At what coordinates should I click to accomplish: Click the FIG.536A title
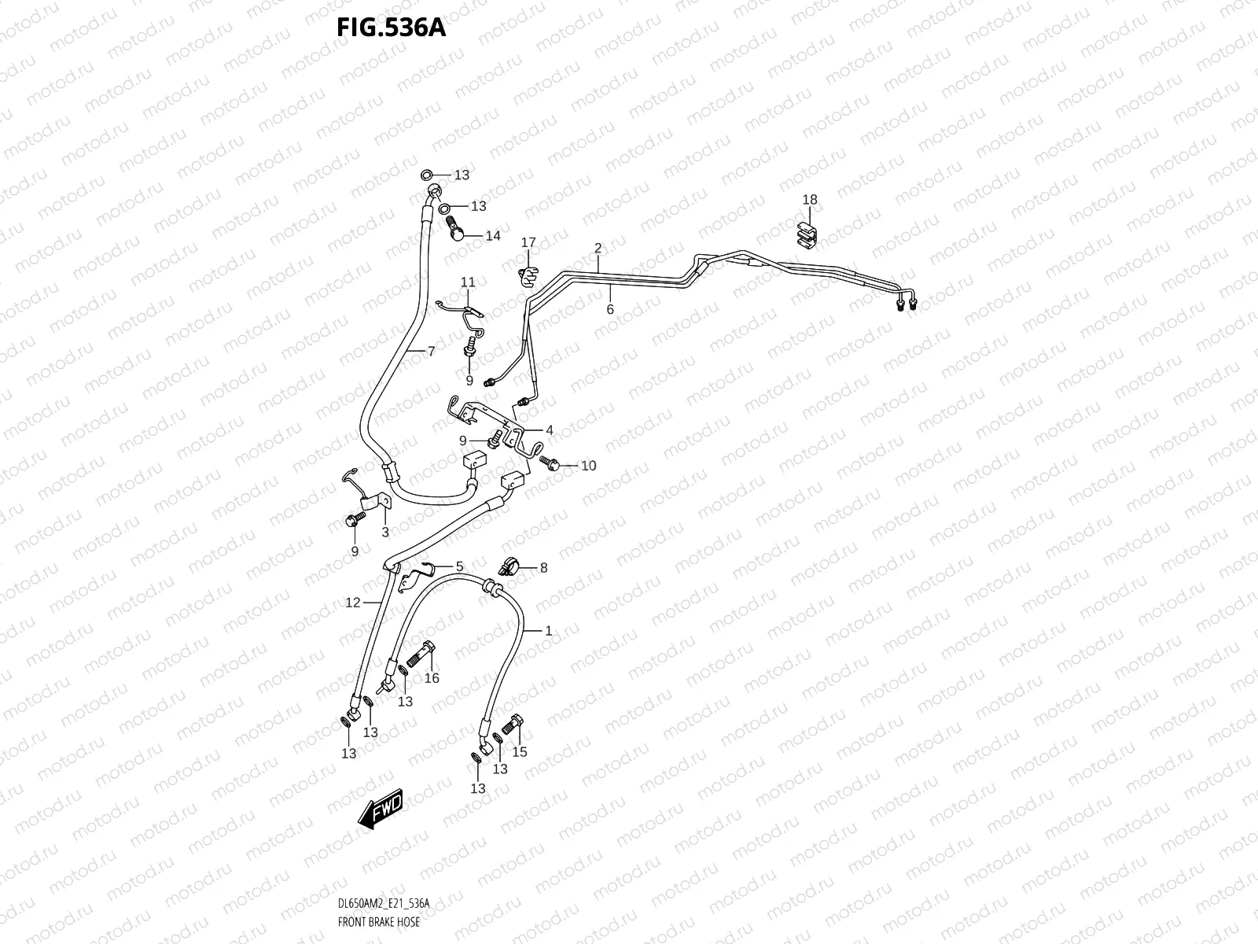pyautogui.click(x=391, y=28)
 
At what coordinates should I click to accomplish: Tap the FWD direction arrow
pyautogui.click(x=381, y=809)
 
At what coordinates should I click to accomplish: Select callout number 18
pyautogui.click(x=810, y=200)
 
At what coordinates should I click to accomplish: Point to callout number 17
pyautogui.click(x=528, y=242)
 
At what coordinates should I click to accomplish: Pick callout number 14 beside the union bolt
pyautogui.click(x=492, y=236)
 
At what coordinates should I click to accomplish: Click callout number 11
pyautogui.click(x=468, y=282)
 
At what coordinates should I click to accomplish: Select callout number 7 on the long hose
pyautogui.click(x=431, y=352)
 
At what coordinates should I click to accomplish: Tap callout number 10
pyautogui.click(x=588, y=466)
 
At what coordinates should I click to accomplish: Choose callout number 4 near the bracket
pyautogui.click(x=550, y=430)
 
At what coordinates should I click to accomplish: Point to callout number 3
pyautogui.click(x=385, y=533)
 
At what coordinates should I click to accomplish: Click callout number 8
pyautogui.click(x=543, y=567)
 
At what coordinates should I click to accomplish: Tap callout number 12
pyautogui.click(x=353, y=603)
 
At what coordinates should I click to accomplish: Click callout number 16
pyautogui.click(x=432, y=678)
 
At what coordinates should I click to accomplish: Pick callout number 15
pyautogui.click(x=519, y=751)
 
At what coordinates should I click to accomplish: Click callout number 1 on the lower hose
pyautogui.click(x=548, y=630)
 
